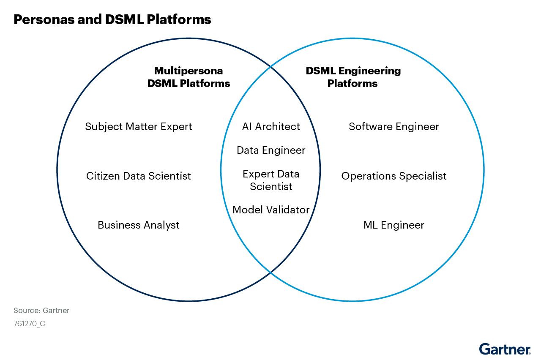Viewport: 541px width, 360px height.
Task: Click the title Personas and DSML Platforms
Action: pyautogui.click(x=112, y=19)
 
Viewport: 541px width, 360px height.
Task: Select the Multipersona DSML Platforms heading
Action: pyautogui.click(x=189, y=77)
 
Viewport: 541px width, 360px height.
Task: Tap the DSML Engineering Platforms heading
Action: pyautogui.click(x=353, y=77)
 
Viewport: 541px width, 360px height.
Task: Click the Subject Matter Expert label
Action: pyautogui.click(x=139, y=127)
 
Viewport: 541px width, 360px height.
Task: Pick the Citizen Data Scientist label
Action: pyautogui.click(x=139, y=176)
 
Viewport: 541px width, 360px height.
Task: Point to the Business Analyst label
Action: pyautogui.click(x=139, y=225)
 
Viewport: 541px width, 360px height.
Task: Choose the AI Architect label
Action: pyautogui.click(x=271, y=127)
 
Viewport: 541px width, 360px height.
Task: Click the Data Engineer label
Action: pyautogui.click(x=271, y=150)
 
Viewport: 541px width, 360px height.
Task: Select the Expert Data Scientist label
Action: pyautogui.click(x=271, y=180)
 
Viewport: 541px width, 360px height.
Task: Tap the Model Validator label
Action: pyautogui.click(x=271, y=210)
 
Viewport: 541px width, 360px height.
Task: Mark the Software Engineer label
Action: pyautogui.click(x=394, y=127)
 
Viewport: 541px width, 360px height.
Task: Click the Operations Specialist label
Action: pyautogui.click(x=394, y=176)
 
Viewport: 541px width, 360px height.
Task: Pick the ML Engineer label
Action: pyautogui.click(x=394, y=225)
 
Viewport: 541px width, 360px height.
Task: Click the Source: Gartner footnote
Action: pyautogui.click(x=41, y=311)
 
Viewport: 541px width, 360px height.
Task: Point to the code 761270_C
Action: pyautogui.click(x=29, y=324)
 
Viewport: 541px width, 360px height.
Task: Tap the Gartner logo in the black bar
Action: pyautogui.click(x=505, y=349)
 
